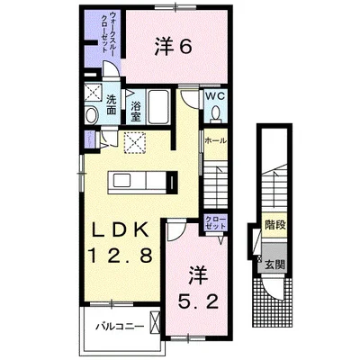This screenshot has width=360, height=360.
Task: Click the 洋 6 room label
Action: tap(173, 47)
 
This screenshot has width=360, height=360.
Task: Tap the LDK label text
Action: tap(120, 230)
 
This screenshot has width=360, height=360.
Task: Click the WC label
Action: tap(215, 96)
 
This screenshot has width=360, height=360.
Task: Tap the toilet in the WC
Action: tap(215, 113)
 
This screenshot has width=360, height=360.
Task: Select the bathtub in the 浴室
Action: tap(159, 106)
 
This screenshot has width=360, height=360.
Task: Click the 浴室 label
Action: tap(136, 112)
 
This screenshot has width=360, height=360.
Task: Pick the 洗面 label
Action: tap(112, 104)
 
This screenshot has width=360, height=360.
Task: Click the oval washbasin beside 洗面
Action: tap(92, 115)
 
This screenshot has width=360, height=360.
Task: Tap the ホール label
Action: tap(215, 140)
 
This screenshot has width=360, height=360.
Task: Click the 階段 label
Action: tap(274, 225)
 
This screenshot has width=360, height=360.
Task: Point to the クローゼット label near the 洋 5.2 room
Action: tap(215, 222)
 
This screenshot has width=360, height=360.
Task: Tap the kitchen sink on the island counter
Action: tap(122, 181)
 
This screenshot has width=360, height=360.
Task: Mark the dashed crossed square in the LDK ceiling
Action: tap(135, 142)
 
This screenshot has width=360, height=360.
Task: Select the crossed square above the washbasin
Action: tap(94, 92)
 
